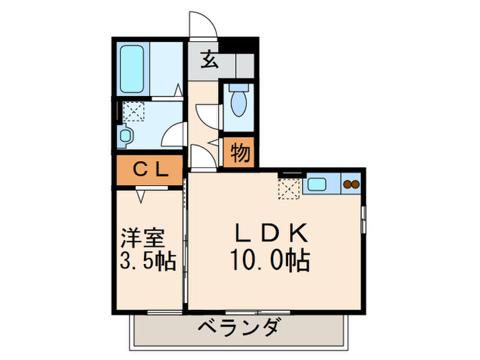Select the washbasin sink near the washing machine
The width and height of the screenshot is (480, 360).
tap(125, 136)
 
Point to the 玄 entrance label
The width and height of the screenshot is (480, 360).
tap(210, 61)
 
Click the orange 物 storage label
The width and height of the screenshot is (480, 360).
tap(239, 152)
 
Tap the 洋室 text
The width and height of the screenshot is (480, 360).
tap(143, 239)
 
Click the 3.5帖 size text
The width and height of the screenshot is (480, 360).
tap(147, 261)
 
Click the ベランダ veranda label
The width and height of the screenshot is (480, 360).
tap(239, 328)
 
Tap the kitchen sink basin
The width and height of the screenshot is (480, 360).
tap(318, 184)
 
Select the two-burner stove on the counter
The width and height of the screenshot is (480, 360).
tap(351, 184)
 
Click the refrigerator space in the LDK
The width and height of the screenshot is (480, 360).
tap(288, 188)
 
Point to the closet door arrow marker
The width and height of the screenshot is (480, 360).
tap(141, 197)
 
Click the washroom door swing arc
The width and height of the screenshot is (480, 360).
tap(176, 133)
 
